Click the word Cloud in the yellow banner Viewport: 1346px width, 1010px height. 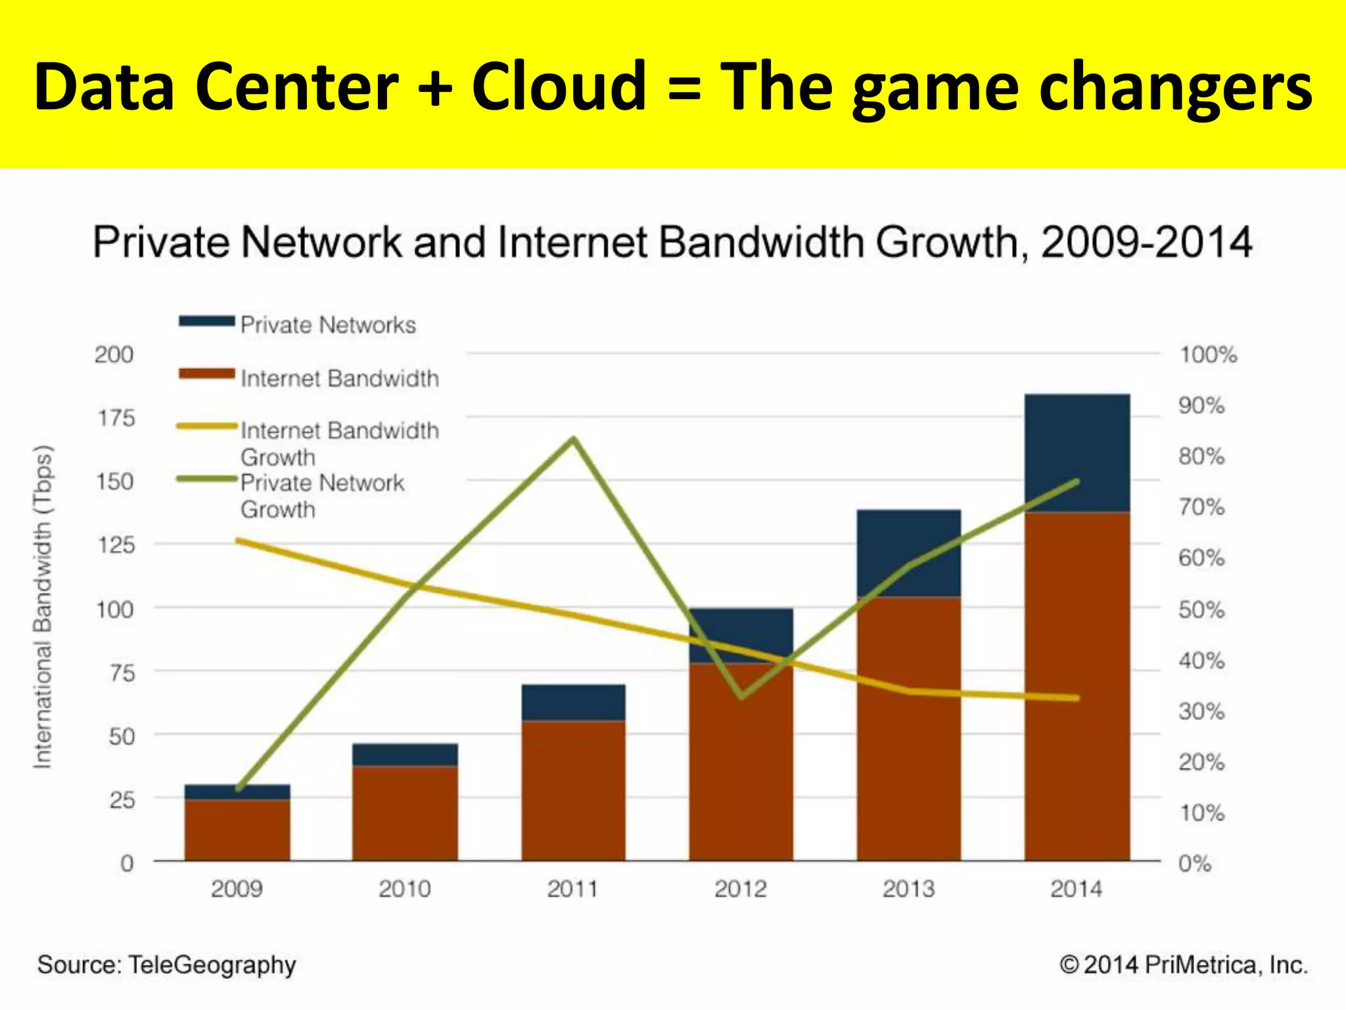coord(559,86)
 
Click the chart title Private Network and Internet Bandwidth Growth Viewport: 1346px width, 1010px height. coord(672,242)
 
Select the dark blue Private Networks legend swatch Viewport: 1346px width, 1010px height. coord(206,322)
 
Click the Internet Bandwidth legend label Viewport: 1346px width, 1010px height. coord(339,378)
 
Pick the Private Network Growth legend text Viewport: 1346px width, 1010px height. coord(322,496)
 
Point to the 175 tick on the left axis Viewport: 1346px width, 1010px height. coord(116,418)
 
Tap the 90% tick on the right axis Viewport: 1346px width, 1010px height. coord(1201,406)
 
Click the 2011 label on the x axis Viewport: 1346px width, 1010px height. coord(572,889)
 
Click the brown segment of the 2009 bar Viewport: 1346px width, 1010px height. coord(237,830)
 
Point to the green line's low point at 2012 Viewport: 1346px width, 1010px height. coord(741,696)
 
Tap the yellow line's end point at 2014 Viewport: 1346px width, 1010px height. coord(1077,698)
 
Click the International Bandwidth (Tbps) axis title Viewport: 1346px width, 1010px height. coord(42,606)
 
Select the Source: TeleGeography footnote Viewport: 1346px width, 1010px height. coord(167,965)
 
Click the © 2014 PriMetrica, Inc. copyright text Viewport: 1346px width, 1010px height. coord(1184,965)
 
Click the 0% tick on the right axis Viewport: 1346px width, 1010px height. coord(1194,863)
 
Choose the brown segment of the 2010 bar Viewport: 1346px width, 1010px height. coord(405,813)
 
